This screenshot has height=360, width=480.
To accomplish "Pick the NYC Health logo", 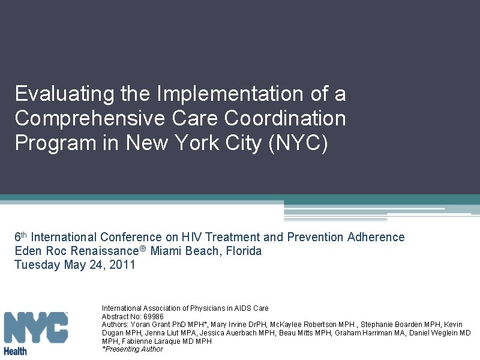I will tap(35, 332).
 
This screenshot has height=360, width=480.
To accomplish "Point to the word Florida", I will tap(243, 251).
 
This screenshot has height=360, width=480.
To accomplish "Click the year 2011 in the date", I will tap(124, 265).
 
